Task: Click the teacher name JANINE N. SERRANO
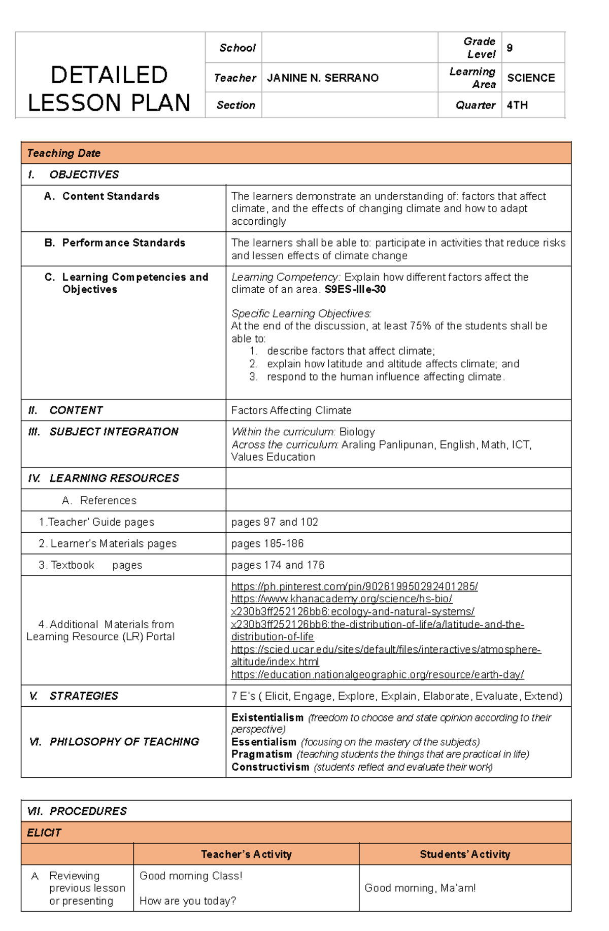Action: tap(323, 78)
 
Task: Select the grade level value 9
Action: tap(510, 48)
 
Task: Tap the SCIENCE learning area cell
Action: tap(531, 78)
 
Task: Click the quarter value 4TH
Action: tap(517, 105)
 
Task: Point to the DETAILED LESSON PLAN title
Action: tap(109, 89)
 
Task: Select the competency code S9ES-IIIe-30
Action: tap(355, 290)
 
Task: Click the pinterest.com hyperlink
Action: tap(354, 587)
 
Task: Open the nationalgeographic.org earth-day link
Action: tap(377, 674)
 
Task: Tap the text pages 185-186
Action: tap(267, 543)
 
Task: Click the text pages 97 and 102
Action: tap(274, 522)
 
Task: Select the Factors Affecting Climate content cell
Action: tap(291, 410)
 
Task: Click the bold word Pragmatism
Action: tap(261, 754)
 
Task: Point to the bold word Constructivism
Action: tap(270, 767)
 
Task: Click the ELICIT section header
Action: tap(44, 833)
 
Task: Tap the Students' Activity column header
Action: tap(464, 854)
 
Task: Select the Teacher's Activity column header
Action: tap(246, 854)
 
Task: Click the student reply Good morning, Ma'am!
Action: tap(420, 888)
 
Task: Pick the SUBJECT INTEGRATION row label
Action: tap(114, 432)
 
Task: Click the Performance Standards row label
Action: tap(123, 243)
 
